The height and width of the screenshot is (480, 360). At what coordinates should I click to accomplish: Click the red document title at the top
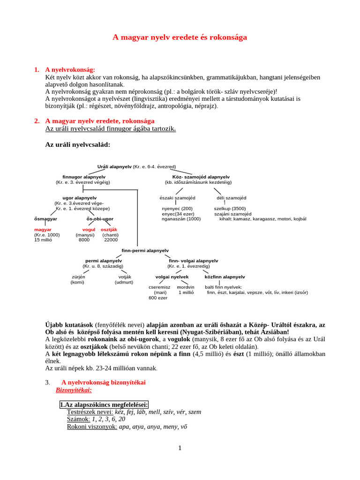tap(180, 37)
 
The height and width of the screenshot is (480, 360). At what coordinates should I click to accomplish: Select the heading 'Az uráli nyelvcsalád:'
tap(77, 145)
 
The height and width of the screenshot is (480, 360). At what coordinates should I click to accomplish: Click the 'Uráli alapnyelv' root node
tap(115, 166)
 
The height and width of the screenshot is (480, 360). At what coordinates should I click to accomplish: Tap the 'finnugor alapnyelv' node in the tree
tap(83, 177)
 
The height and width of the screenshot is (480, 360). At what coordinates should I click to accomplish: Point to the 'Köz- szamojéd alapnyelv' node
tap(198, 177)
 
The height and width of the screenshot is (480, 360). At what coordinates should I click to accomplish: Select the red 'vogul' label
tap(89, 230)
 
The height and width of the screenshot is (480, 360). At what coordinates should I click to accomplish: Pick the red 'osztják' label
tap(109, 230)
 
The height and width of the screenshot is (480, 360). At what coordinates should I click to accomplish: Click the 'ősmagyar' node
tap(45, 219)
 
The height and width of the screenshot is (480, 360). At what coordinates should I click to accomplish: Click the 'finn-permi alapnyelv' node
tap(145, 251)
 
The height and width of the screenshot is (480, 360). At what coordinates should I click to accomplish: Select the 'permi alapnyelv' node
tap(104, 261)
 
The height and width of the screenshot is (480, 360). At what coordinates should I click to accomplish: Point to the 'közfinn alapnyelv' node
tap(225, 277)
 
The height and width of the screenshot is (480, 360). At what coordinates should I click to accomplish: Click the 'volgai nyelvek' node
tap(172, 277)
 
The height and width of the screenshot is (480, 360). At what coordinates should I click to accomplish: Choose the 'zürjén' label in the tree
tap(78, 277)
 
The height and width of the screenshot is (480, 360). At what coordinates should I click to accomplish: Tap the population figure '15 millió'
tap(43, 240)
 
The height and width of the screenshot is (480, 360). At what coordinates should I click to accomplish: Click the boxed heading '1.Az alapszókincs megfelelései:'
tap(104, 405)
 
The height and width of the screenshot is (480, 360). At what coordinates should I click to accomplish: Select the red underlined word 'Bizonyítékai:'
tap(74, 390)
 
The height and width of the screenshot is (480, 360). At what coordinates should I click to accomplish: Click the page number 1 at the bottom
tap(180, 448)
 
